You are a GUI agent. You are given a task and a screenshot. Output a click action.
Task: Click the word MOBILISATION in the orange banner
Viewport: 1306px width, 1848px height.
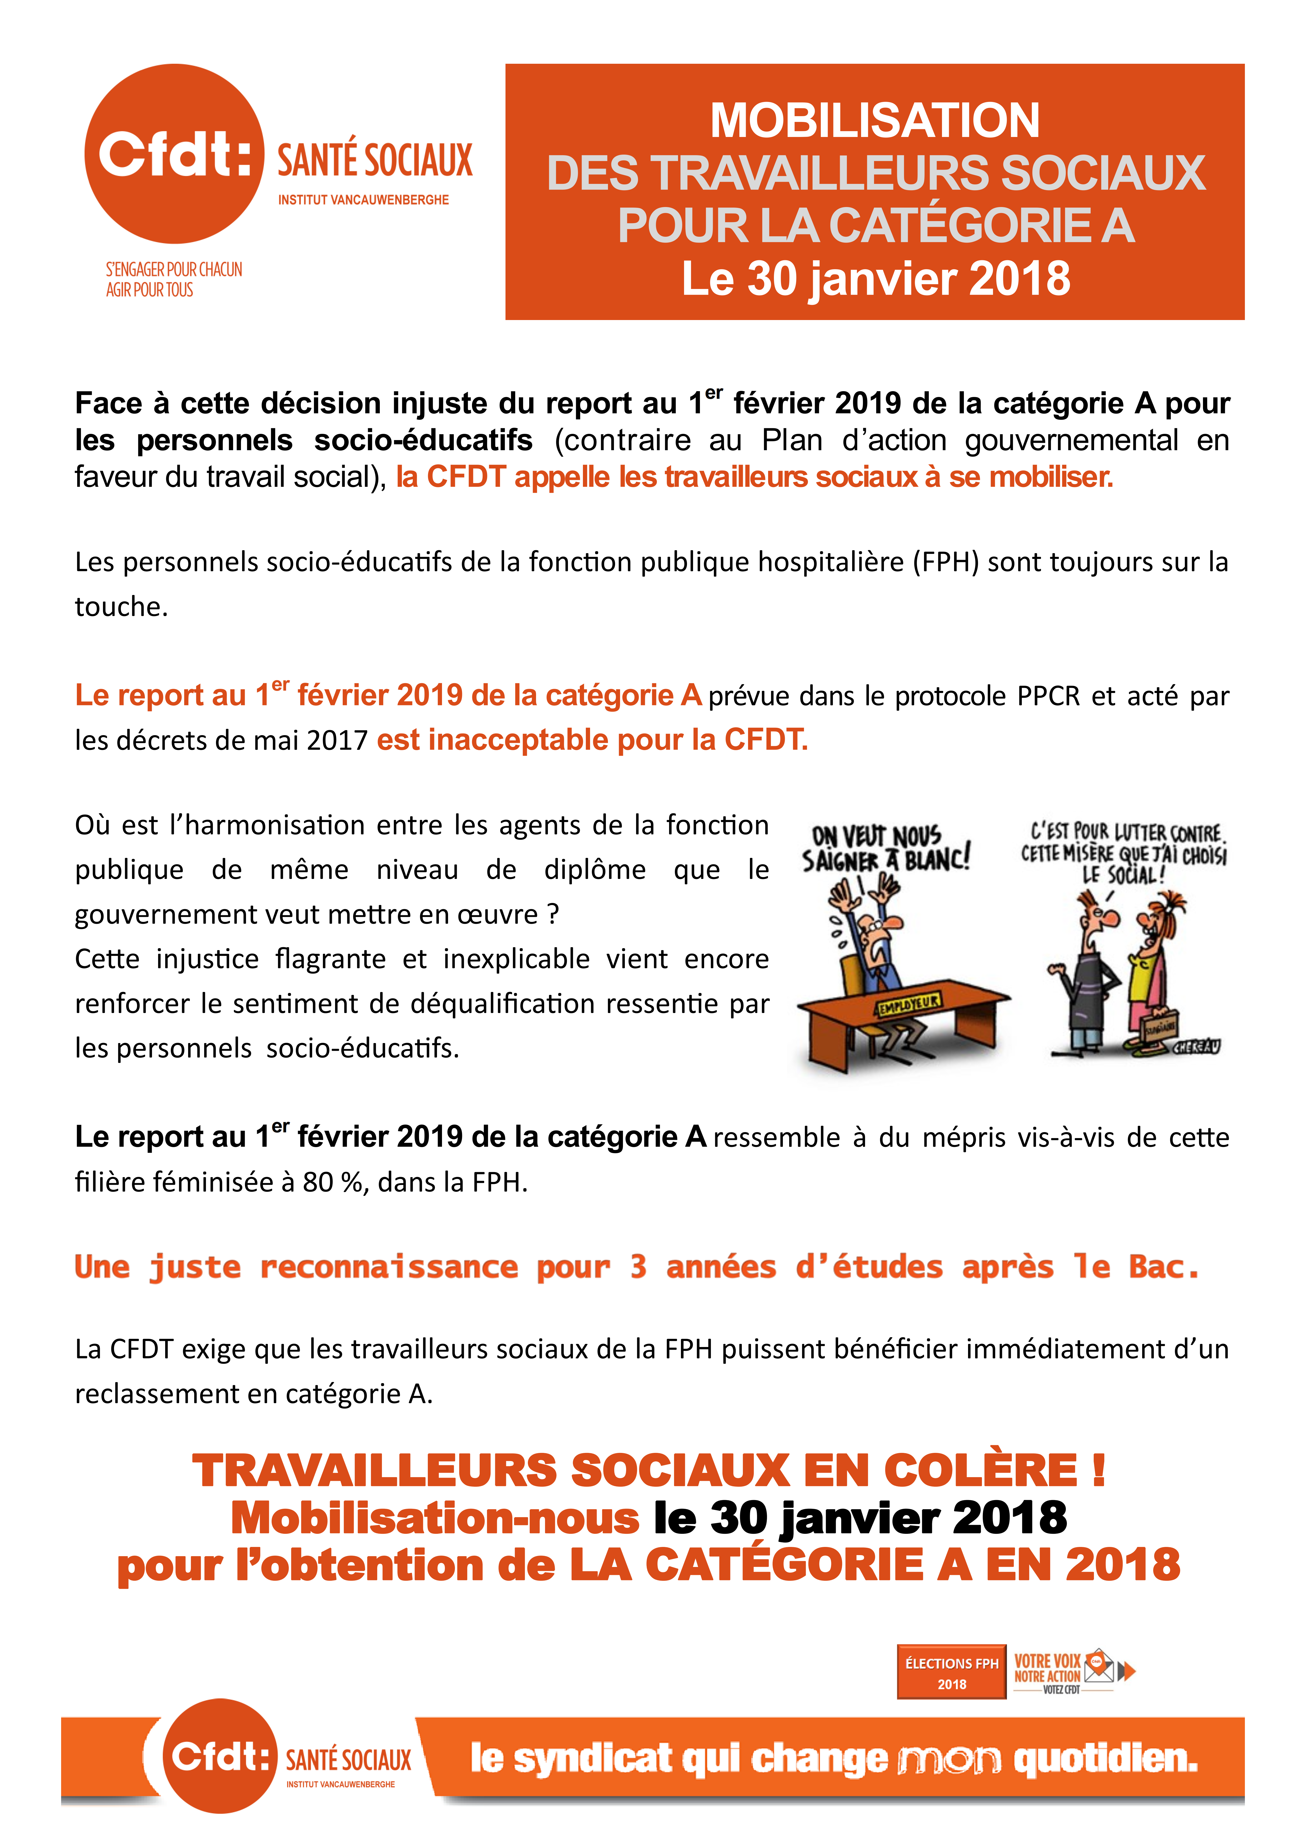(875, 121)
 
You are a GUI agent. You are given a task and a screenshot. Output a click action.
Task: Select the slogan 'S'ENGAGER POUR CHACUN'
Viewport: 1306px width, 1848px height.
(174, 270)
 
